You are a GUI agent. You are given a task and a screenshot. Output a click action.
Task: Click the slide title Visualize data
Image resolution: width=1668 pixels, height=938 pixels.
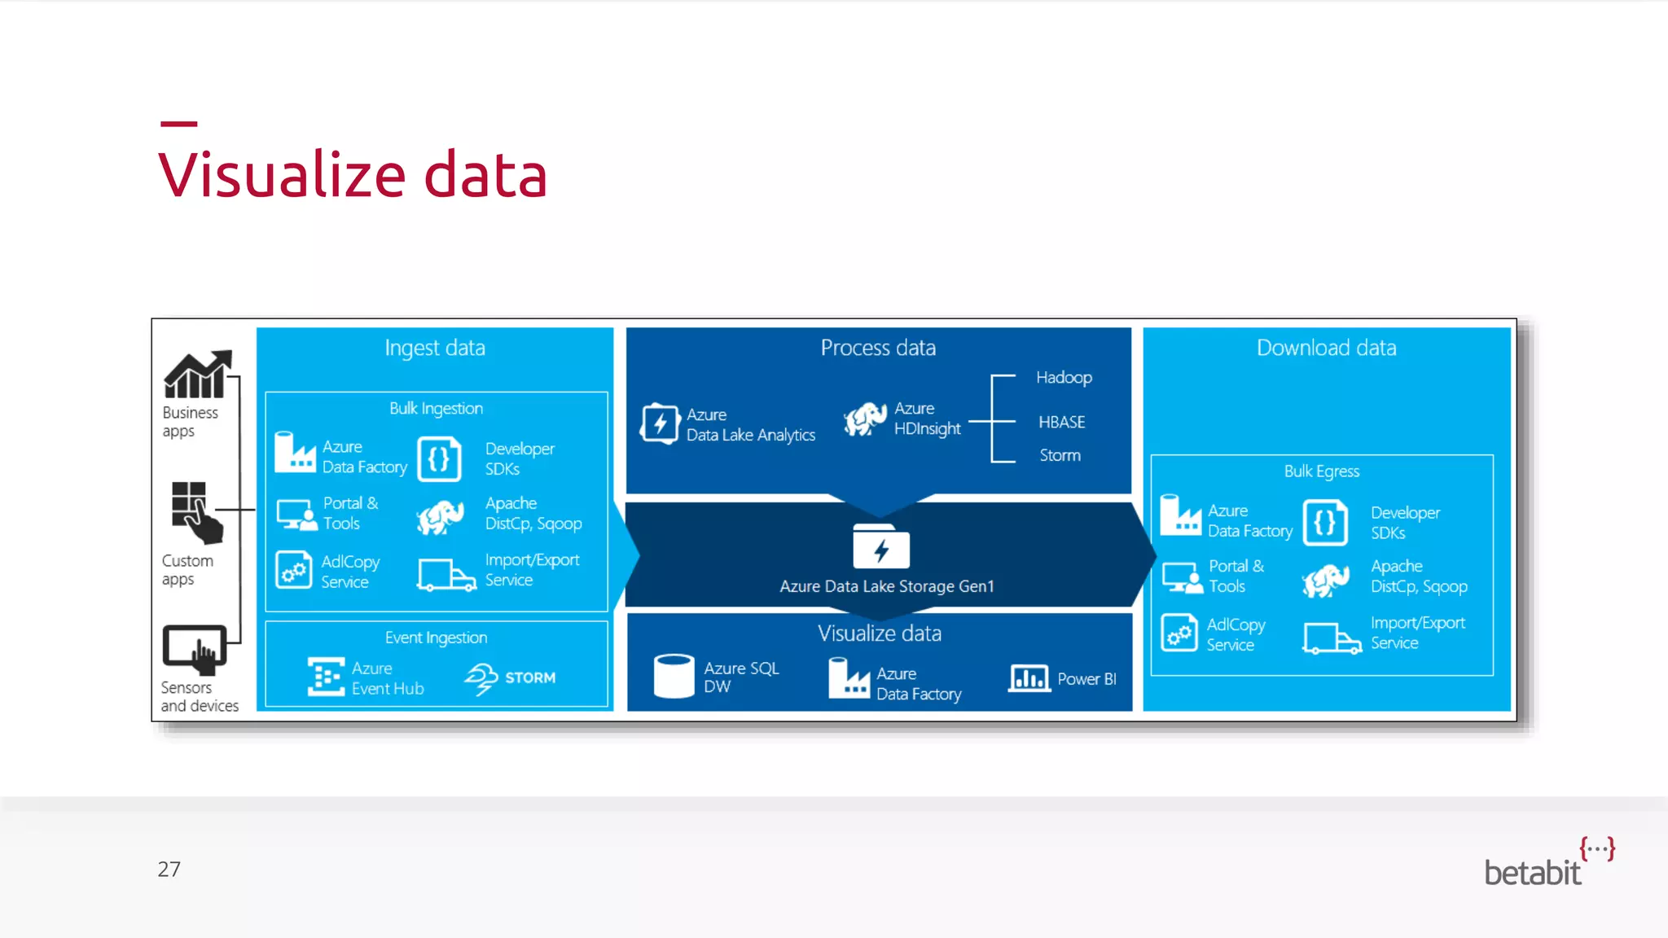coord(352,174)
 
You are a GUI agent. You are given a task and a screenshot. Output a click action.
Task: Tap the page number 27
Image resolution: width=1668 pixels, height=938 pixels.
coord(169,869)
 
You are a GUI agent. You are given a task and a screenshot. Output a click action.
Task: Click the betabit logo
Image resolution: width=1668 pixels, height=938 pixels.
coord(1547,863)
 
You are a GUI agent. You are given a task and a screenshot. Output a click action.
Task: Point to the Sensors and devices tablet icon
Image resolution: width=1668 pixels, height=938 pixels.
coord(195,649)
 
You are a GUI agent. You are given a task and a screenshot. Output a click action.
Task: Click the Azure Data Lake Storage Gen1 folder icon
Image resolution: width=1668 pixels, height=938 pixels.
coord(880,547)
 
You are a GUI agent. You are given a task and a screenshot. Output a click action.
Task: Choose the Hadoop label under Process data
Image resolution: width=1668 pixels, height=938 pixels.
coord(1064,378)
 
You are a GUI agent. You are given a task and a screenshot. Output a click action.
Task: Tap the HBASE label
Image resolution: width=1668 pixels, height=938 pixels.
coord(1061,422)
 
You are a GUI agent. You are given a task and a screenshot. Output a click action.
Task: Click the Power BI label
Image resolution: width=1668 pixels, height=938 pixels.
coord(1086,679)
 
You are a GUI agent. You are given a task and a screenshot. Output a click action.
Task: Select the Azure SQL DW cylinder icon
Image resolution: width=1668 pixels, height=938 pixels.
coord(674,676)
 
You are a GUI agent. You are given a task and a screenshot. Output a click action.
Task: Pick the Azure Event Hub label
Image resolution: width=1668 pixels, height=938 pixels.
coord(387,678)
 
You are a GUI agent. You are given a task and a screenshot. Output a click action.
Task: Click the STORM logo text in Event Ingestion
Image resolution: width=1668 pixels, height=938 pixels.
coord(530,677)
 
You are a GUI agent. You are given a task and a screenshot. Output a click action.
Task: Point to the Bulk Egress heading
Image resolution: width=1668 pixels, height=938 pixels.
coord(1321,471)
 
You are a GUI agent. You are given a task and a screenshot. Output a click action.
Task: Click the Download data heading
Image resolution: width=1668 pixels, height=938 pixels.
coord(1326,348)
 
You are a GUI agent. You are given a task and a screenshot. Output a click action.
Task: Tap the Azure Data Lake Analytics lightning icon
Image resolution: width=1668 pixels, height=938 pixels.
coord(660,423)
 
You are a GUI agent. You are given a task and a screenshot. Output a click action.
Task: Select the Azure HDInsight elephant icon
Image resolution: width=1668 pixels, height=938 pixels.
coord(865,419)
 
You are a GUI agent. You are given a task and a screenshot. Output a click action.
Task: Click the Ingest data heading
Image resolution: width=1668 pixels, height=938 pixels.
coord(435,348)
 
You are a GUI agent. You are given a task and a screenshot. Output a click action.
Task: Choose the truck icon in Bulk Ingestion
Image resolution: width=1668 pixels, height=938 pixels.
coord(446,574)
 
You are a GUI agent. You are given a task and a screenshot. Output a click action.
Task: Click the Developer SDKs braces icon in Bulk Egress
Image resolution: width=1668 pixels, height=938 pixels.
coord(1325,522)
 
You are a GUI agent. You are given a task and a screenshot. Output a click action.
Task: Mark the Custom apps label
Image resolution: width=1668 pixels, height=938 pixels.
coord(187,570)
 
